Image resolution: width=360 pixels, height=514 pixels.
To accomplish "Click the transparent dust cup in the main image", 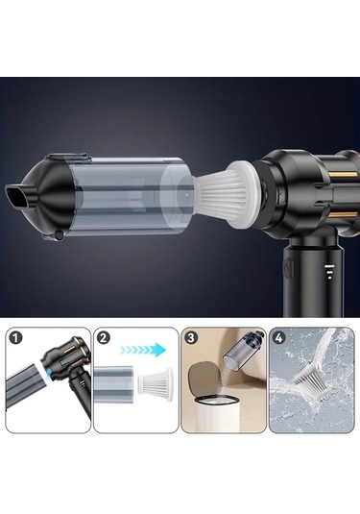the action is click(130, 196).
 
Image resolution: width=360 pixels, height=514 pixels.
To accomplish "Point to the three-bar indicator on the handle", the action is click(329, 271).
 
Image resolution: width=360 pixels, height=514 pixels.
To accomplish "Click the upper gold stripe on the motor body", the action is click(343, 174).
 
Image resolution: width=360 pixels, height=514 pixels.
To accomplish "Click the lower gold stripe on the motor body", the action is click(343, 215).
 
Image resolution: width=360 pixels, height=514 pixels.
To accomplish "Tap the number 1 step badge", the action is click(15, 338).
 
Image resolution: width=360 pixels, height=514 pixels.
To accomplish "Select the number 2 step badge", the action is click(104, 338).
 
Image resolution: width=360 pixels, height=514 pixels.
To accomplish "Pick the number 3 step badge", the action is click(191, 338).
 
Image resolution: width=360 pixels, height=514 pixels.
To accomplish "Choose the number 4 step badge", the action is click(279, 338).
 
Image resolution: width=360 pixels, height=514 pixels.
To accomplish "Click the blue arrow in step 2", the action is click(143, 350).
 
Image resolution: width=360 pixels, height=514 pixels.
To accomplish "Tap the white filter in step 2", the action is click(156, 384).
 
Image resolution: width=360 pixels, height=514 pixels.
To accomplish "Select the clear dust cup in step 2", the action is click(113, 384).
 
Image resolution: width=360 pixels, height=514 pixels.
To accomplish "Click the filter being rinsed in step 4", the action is click(309, 373).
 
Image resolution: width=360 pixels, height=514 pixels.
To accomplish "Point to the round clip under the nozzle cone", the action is click(59, 235).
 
